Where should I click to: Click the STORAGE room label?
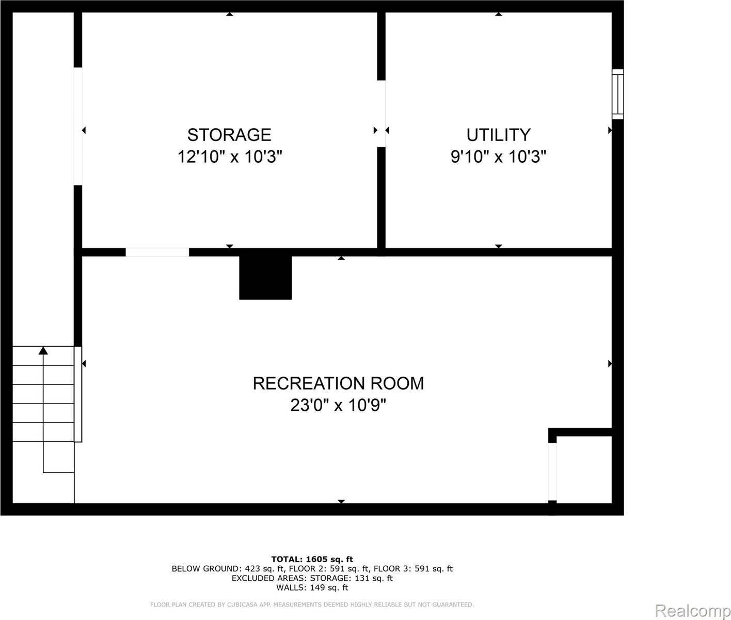click(229, 135)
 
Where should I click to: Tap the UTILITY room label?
click(498, 135)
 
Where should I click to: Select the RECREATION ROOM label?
click(338, 383)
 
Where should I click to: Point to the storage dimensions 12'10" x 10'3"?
click(230, 157)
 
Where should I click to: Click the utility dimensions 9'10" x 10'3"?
click(498, 157)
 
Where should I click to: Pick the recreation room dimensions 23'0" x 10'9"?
click(338, 405)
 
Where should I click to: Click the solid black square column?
click(265, 277)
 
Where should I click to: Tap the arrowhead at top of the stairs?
click(43, 351)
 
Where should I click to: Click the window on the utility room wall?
click(617, 94)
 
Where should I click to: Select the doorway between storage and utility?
click(382, 114)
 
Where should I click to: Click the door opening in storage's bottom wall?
click(157, 252)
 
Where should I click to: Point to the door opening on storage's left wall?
click(78, 126)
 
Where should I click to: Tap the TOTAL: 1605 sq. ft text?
click(312, 559)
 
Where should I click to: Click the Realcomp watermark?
click(692, 611)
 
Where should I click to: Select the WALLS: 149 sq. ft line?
click(312, 587)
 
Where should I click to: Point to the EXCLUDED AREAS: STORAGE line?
click(312, 578)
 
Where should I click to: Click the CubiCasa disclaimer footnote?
click(312, 605)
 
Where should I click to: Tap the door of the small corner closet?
click(552, 471)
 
